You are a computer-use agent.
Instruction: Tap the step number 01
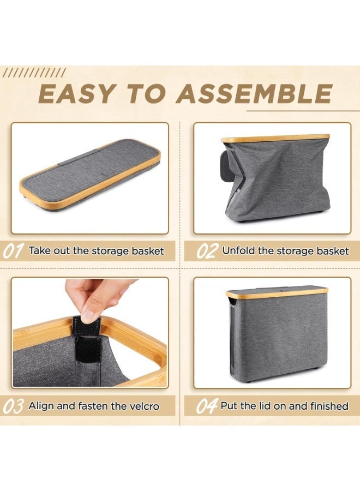[13, 252]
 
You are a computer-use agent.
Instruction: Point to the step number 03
[13, 406]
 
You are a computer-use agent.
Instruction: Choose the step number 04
[207, 406]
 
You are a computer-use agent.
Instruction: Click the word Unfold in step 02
[238, 251]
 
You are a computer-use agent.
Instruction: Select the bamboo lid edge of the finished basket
[277, 294]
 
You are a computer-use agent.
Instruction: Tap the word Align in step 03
[41, 406]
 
